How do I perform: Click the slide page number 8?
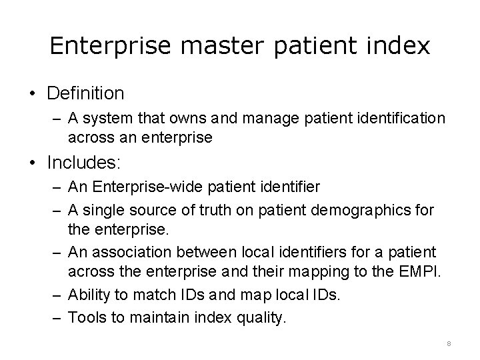tap(449, 343)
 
